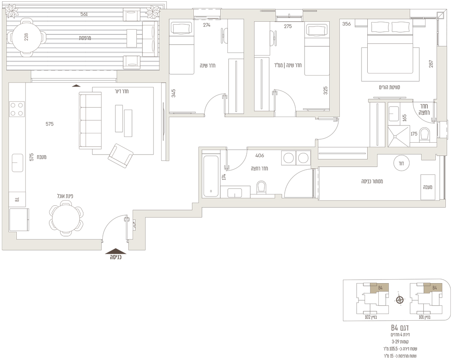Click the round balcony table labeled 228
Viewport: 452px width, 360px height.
click(26, 37)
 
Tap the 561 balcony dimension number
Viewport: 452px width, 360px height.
click(84, 14)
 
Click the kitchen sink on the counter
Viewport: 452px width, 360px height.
click(17, 163)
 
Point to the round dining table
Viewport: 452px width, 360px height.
click(66, 219)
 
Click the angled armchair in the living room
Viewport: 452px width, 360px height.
click(121, 156)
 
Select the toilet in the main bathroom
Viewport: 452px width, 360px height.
click(262, 188)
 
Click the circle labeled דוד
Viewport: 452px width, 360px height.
click(401, 163)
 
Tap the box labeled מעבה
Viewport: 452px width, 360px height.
click(428, 187)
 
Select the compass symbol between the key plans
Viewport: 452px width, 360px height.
click(399, 300)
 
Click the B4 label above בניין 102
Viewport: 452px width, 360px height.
click(380, 288)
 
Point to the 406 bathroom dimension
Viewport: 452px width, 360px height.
click(260, 155)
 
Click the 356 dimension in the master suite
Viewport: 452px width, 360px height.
click(347, 24)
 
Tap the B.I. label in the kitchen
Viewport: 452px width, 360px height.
click(17, 199)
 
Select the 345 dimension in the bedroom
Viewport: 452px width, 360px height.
click(173, 93)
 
